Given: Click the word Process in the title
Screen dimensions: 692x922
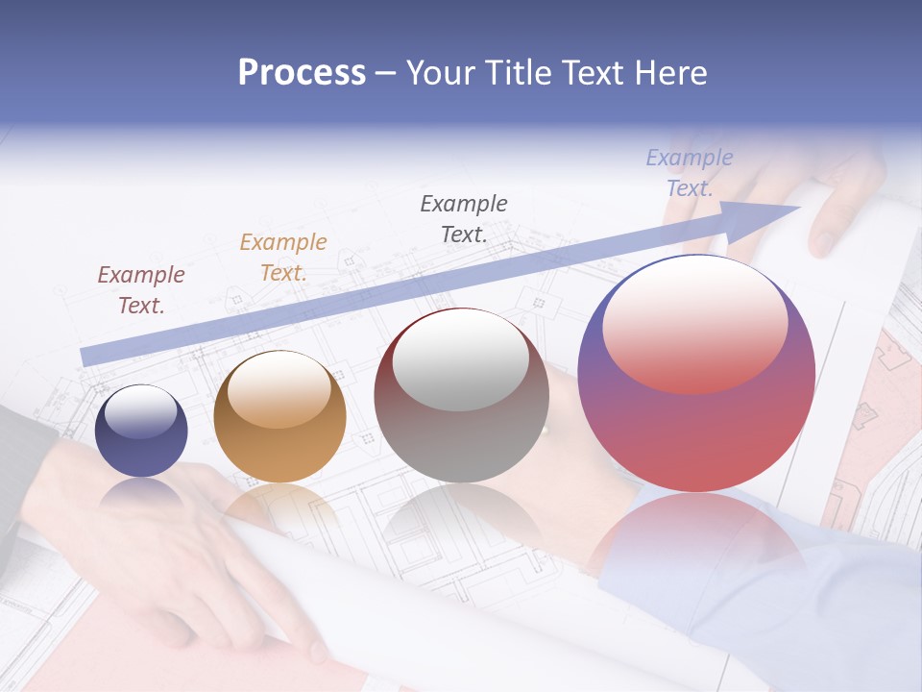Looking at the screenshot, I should [x=302, y=73].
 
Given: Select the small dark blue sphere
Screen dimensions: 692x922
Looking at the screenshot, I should [x=141, y=442].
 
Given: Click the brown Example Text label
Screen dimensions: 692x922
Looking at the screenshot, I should [x=141, y=289].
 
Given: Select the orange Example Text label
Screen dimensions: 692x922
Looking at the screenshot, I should [x=283, y=257].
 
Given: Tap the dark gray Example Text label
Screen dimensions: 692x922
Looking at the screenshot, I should [x=464, y=218].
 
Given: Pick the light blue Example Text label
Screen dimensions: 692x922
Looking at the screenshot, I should [x=690, y=173].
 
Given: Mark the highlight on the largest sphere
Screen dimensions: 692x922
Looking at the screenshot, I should [x=694, y=322].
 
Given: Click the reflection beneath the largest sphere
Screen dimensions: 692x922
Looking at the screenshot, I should [x=696, y=538].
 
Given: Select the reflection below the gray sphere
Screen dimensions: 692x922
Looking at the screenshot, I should [x=459, y=524].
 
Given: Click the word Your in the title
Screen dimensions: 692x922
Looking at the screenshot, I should [x=444, y=73].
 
